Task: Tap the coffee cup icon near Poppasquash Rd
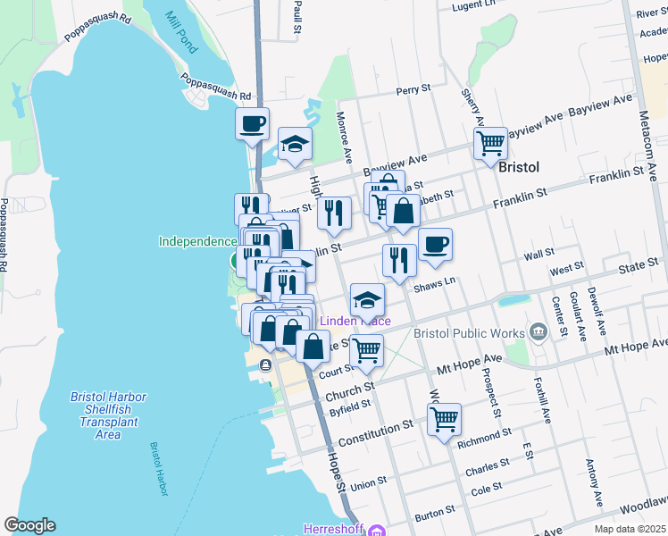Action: point(252,123)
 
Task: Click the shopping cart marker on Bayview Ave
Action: point(490,143)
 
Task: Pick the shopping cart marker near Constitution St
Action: point(444,418)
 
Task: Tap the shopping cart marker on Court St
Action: point(366,350)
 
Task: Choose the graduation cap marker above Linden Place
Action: point(367,300)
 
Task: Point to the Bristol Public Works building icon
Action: point(537,332)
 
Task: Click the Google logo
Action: point(29,524)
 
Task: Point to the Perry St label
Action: point(413,90)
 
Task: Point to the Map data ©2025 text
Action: point(630,530)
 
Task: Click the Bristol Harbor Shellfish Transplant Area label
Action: point(108,415)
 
